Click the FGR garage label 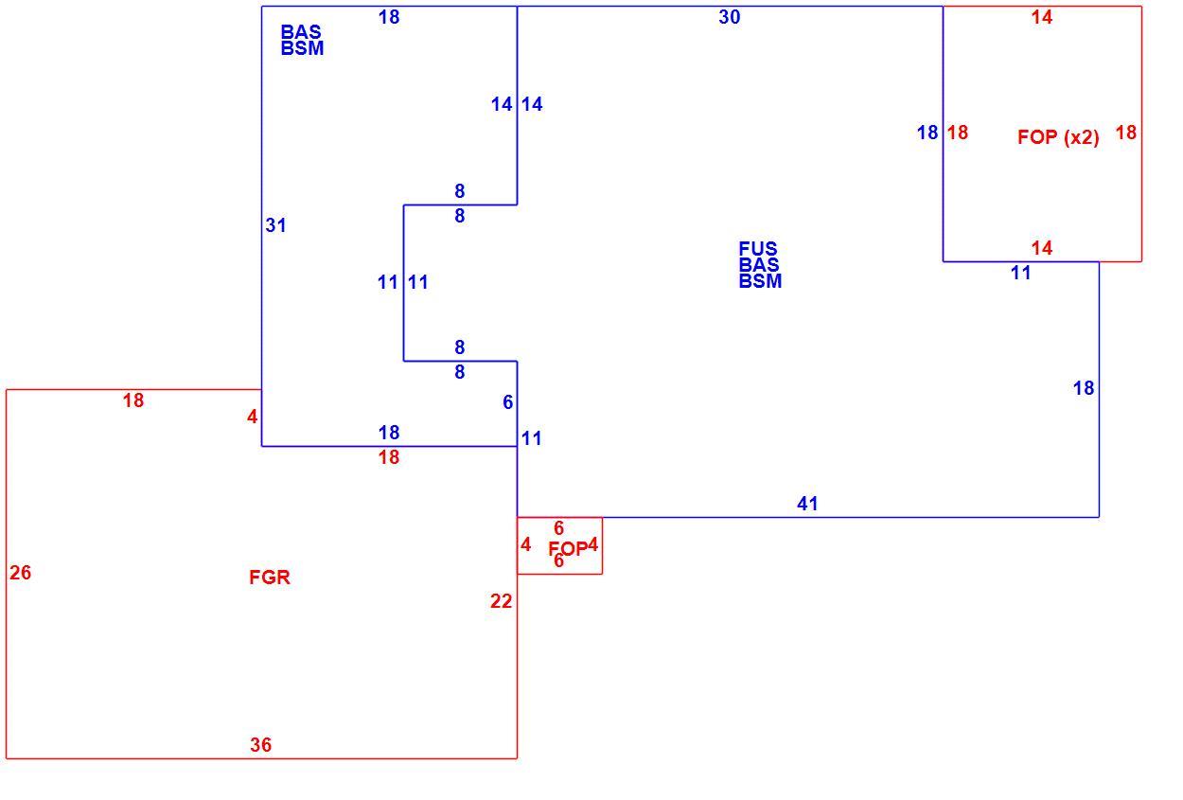[x=270, y=577]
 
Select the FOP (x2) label [x=1058, y=137]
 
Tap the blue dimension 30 [x=730, y=17]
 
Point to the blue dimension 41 [x=807, y=504]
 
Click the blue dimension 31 [x=275, y=225]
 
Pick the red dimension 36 [x=261, y=745]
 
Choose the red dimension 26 [x=21, y=573]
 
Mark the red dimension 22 [x=502, y=601]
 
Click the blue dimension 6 [x=507, y=402]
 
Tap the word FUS [x=758, y=248]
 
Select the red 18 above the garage [x=133, y=400]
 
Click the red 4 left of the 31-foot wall [x=252, y=417]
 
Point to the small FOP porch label [x=568, y=549]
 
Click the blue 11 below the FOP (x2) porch [x=1021, y=274]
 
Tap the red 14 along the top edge [x=1042, y=17]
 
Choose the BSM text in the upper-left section [x=302, y=48]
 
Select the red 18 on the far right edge [x=1126, y=133]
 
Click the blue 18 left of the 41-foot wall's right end [x=1084, y=388]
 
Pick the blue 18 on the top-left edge [x=389, y=17]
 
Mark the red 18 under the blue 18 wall [x=389, y=457]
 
